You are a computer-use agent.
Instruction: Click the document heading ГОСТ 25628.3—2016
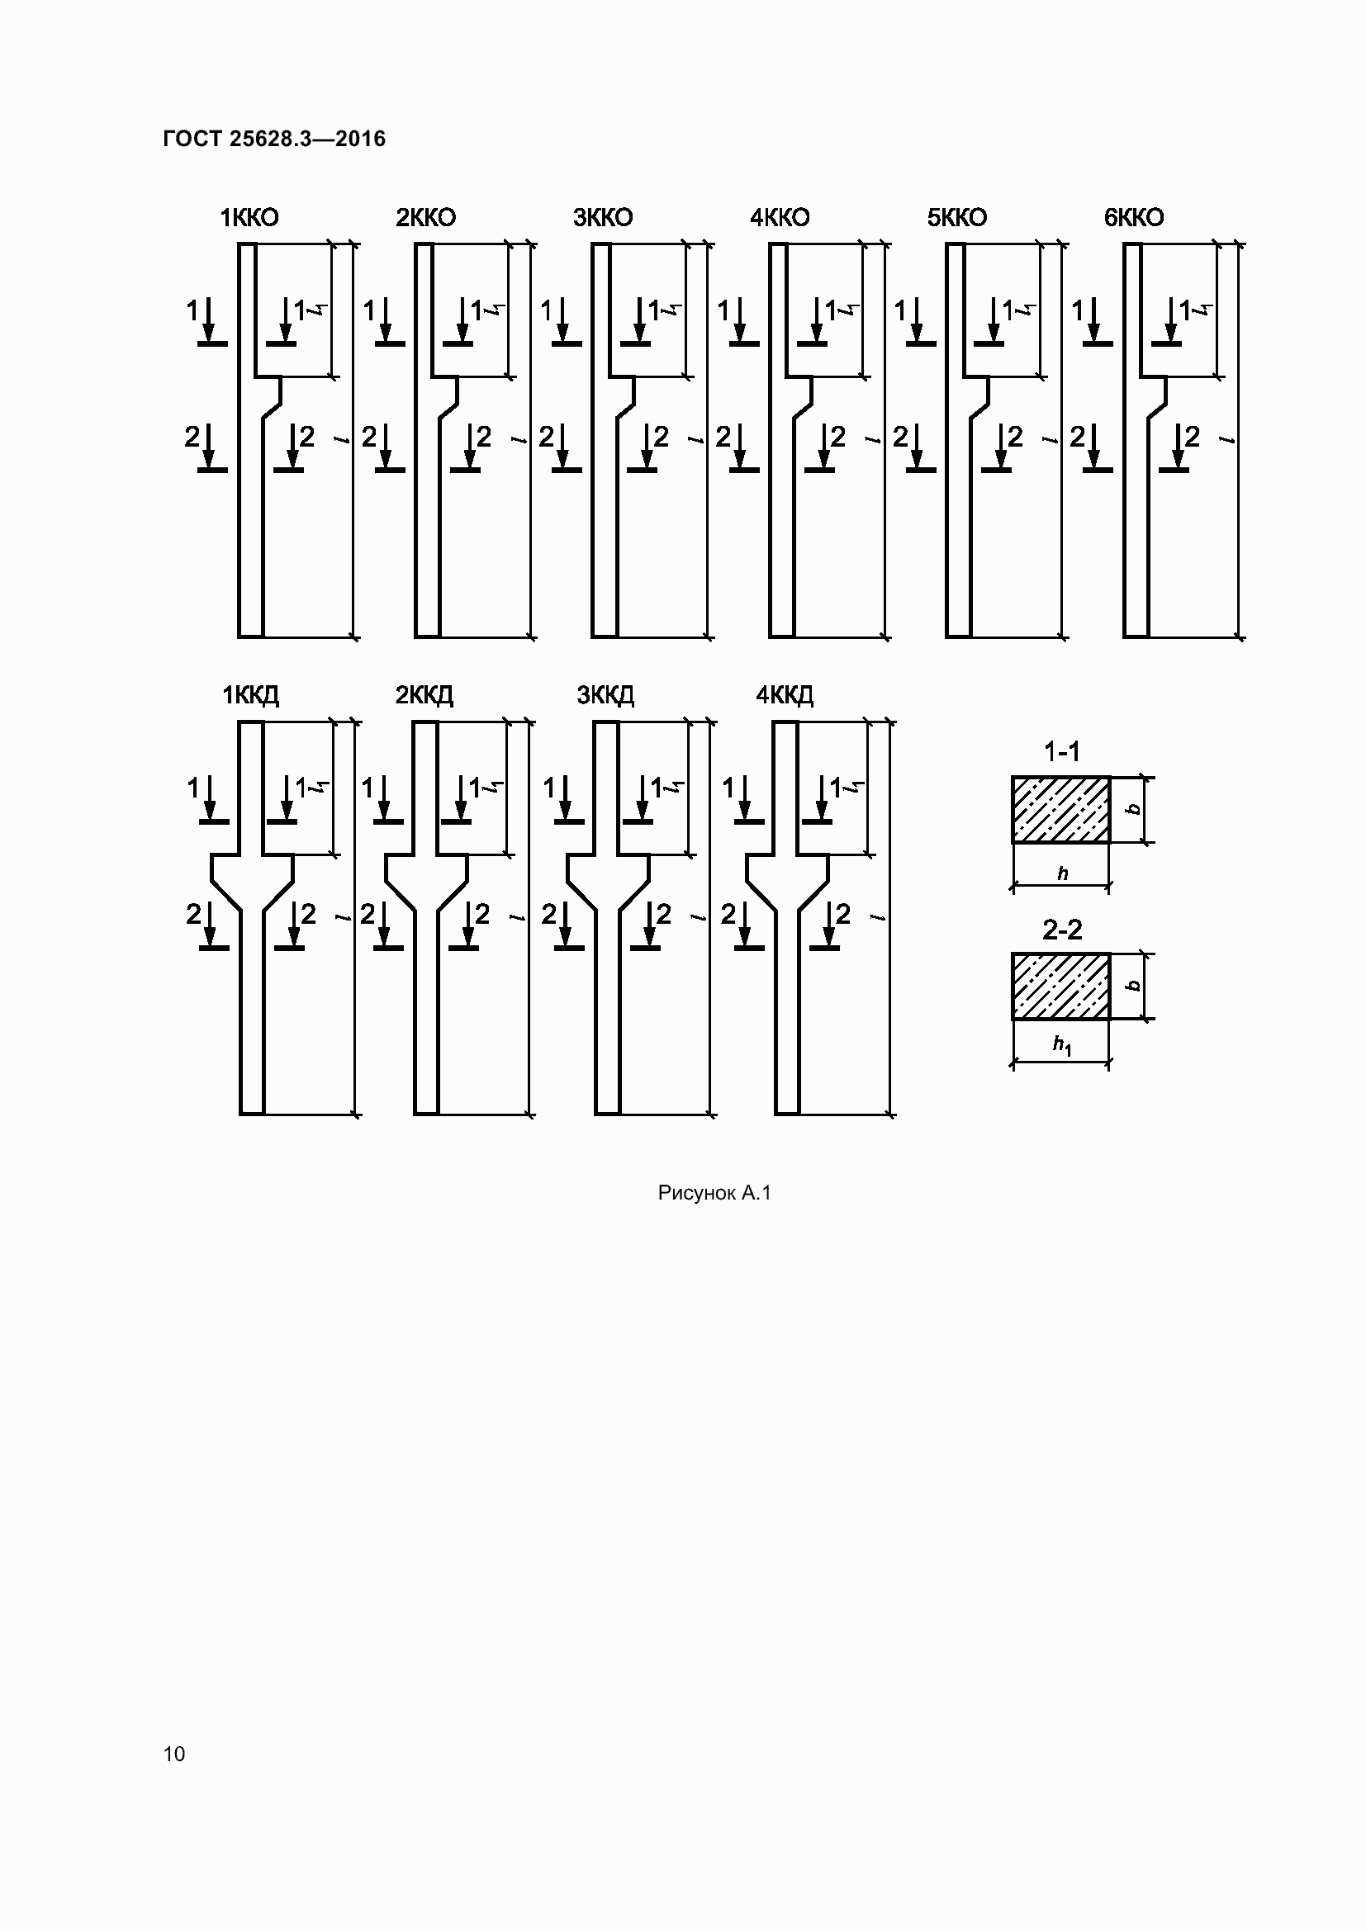click(274, 139)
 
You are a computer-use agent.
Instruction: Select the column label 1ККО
click(249, 218)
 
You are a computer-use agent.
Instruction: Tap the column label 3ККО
click(602, 218)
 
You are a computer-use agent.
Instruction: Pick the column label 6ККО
click(1134, 218)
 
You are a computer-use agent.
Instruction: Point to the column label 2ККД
click(424, 695)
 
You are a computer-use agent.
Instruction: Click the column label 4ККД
click(784, 695)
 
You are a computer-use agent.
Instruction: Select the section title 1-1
click(1061, 751)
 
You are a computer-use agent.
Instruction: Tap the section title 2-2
click(1061, 930)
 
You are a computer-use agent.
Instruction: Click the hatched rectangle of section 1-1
click(1060, 809)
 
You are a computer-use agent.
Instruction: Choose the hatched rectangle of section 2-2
click(1060, 986)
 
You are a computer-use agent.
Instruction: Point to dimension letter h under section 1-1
click(1062, 873)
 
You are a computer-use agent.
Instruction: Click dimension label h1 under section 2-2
click(1062, 1044)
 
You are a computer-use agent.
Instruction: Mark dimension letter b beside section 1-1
click(1134, 809)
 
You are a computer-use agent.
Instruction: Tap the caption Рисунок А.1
click(714, 1193)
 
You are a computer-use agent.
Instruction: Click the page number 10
click(174, 1754)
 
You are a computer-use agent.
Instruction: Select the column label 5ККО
click(956, 218)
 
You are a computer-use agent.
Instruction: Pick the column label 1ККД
click(249, 695)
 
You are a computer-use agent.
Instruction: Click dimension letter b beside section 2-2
click(1134, 986)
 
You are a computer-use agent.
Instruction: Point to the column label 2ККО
click(425, 218)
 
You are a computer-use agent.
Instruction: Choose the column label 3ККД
click(605, 695)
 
